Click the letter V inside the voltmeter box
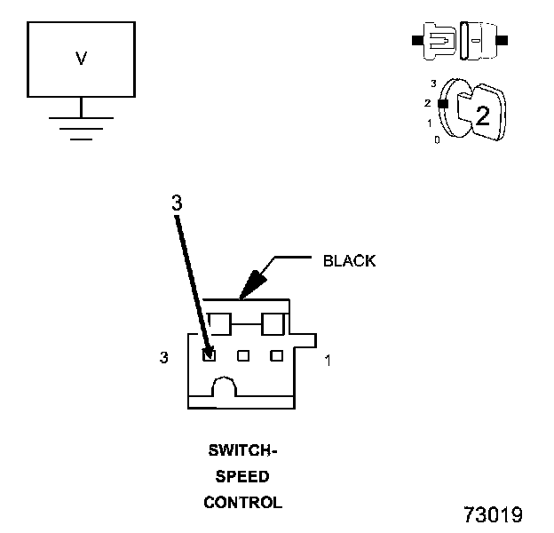tap(82, 59)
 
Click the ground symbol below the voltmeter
tap(82, 129)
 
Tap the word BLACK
tap(350, 261)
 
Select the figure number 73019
tap(494, 514)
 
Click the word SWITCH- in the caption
tap(242, 450)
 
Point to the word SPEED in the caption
tap(242, 477)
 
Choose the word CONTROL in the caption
tap(243, 503)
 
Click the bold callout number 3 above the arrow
tap(177, 203)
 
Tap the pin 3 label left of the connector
tap(164, 357)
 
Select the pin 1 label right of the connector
tap(328, 361)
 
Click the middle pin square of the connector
tap(243, 355)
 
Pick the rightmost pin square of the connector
tap(277, 355)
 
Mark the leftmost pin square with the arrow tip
tap(210, 354)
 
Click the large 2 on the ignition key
tap(483, 115)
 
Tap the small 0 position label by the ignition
tap(437, 140)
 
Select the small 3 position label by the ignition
tap(433, 84)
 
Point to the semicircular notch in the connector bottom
tap(225, 386)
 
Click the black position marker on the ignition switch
tap(443, 104)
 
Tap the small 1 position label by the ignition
tap(430, 123)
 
